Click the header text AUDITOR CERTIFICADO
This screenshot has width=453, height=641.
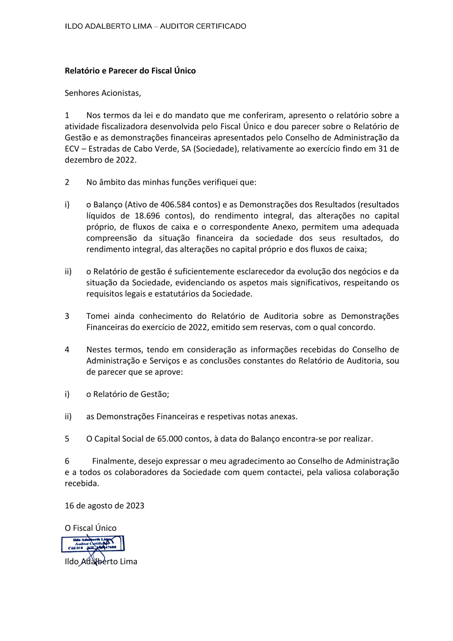[x=203, y=26]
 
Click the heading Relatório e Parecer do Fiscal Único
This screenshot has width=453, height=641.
[x=130, y=71]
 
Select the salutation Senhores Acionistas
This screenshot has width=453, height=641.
[x=103, y=93]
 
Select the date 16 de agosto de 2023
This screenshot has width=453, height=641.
[x=104, y=506]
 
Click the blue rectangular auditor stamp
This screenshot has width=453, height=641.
[x=93, y=544]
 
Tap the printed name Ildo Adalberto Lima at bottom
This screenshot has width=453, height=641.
[x=101, y=562]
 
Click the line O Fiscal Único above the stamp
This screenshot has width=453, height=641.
[x=91, y=528]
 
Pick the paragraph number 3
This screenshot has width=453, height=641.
[x=67, y=316]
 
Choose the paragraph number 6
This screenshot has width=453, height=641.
[x=67, y=461]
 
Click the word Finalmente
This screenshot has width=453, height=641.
[x=113, y=461]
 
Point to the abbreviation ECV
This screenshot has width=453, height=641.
[x=72, y=149]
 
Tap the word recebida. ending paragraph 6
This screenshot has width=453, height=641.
[x=82, y=483]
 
